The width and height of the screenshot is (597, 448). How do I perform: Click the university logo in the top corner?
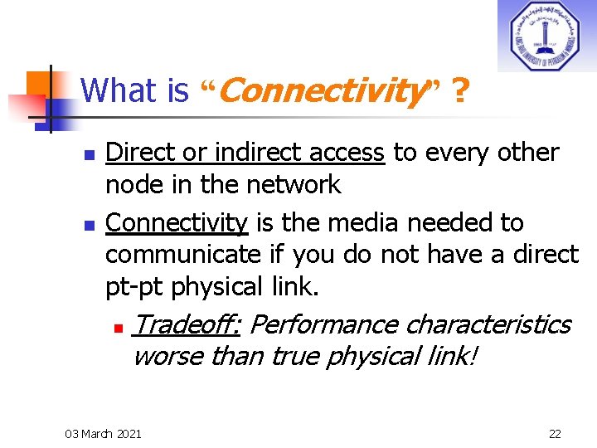(x=546, y=36)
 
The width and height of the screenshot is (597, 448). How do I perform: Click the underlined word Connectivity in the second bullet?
(x=177, y=222)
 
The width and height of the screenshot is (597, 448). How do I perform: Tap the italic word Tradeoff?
(x=186, y=324)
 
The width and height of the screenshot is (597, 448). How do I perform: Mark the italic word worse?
(x=168, y=356)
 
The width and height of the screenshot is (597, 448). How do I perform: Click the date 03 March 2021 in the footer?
(x=103, y=433)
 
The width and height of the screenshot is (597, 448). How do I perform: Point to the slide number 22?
(x=555, y=433)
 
